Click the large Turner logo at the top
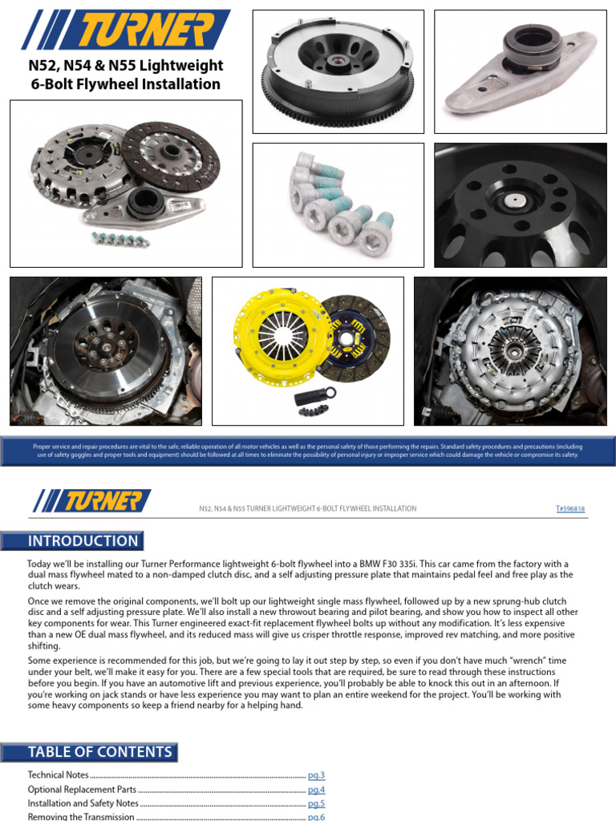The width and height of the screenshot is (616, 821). [x=126, y=30]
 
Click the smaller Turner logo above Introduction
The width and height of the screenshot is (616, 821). [x=91, y=501]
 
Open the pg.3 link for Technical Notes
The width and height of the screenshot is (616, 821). [x=316, y=775]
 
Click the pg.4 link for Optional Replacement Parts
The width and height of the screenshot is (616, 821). [x=316, y=790]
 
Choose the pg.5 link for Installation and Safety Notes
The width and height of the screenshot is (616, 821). [x=316, y=803]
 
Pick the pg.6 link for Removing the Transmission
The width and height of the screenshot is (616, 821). [x=316, y=816]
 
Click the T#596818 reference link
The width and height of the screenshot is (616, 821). [x=570, y=508]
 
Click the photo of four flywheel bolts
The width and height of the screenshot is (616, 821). [x=338, y=204]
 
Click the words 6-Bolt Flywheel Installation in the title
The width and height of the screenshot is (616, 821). [x=125, y=84]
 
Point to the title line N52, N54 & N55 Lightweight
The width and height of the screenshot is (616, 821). [x=125, y=66]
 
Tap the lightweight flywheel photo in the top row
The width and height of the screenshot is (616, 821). [x=338, y=72]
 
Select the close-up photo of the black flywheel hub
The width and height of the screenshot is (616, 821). [x=521, y=204]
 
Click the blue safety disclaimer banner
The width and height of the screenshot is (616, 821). [x=308, y=451]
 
